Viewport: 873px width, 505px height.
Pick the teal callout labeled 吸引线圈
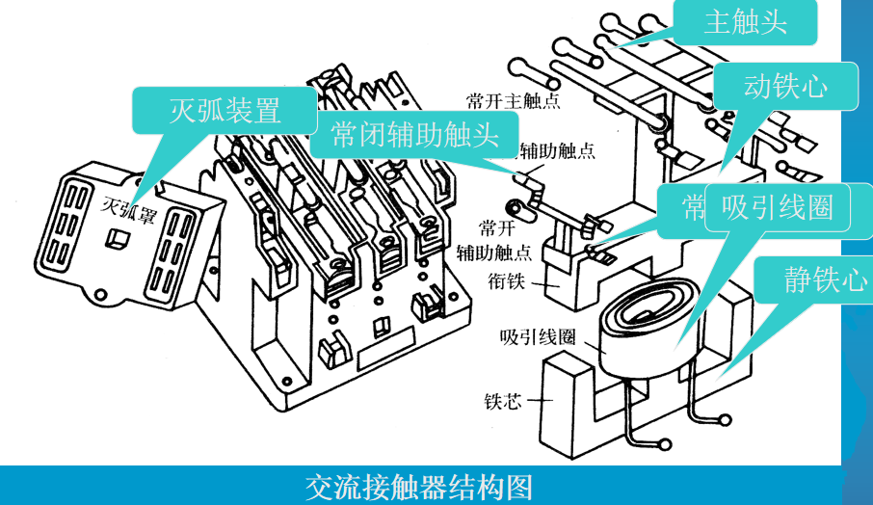tap(777, 207)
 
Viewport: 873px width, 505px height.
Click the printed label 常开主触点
tap(513, 99)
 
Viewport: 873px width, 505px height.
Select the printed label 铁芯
tap(503, 401)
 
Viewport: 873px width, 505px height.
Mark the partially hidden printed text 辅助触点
tap(558, 150)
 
